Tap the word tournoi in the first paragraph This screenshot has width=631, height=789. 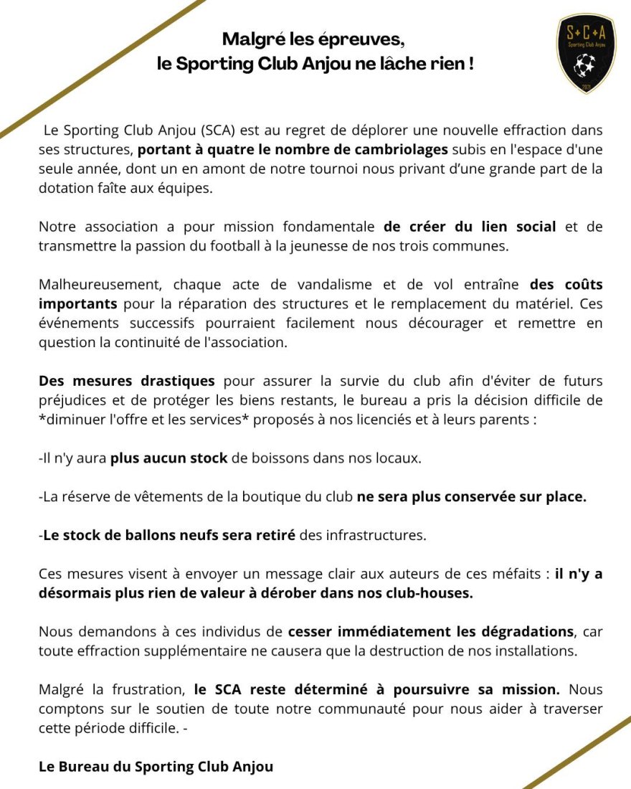point(317,169)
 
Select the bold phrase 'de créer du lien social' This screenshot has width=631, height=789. point(470,227)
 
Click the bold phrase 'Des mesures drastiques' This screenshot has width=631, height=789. point(127,380)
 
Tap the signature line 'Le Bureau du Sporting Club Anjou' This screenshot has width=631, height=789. point(156,767)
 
